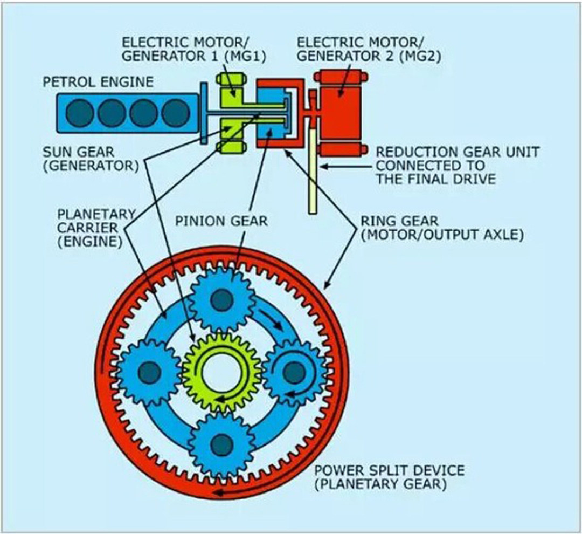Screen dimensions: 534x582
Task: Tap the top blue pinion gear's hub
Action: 221,300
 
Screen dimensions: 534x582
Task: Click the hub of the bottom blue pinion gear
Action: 221,443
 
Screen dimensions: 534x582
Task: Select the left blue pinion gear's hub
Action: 149,371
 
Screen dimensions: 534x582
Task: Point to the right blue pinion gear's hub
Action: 294,371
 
